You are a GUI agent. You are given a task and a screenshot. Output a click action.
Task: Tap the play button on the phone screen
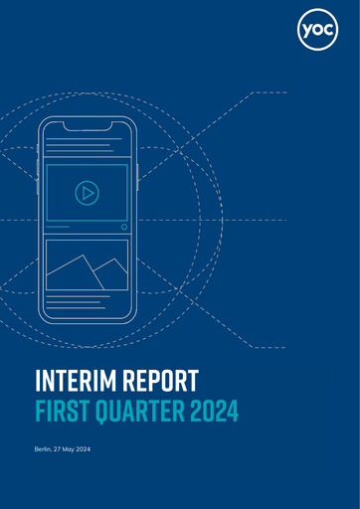click(x=87, y=193)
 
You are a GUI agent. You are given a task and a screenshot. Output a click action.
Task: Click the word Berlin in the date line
click(x=44, y=452)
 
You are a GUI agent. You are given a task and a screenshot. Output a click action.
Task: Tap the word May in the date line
click(x=75, y=452)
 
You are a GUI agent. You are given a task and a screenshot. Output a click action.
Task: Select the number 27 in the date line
click(x=61, y=452)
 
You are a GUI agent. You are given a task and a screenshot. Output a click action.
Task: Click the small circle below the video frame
click(x=123, y=227)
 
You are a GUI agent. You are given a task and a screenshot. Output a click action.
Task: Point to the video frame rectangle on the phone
click(x=87, y=193)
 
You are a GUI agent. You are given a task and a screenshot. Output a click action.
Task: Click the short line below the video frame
click(x=57, y=227)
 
